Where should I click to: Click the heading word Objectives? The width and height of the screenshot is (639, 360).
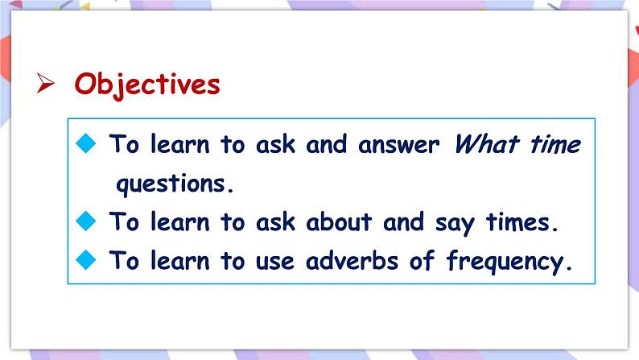[x=147, y=84]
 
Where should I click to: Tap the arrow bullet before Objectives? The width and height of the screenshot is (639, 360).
[x=46, y=85]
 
